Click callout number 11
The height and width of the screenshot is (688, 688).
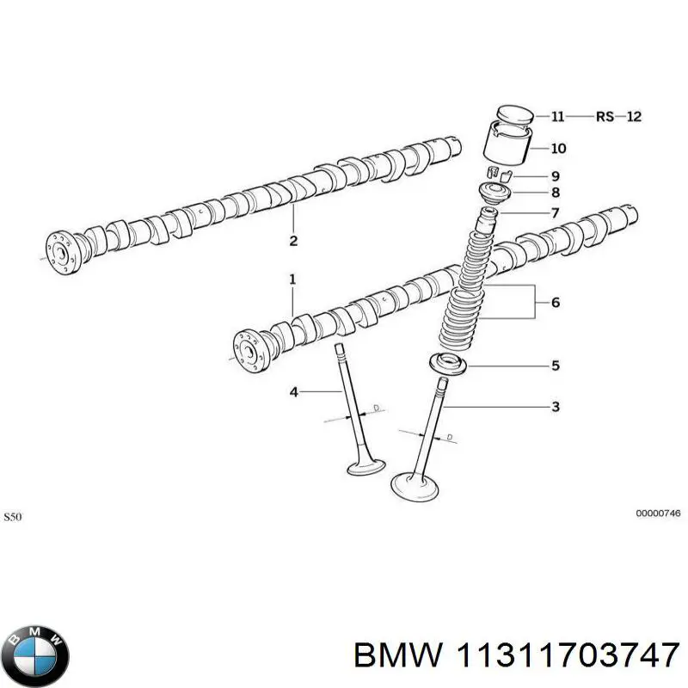click(x=557, y=117)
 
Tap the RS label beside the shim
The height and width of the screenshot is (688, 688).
click(x=605, y=117)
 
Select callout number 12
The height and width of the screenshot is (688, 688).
click(x=634, y=117)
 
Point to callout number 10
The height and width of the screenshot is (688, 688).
click(x=558, y=148)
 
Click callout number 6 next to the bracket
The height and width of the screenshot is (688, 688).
click(x=556, y=303)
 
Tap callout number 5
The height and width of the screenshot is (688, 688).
click(x=556, y=365)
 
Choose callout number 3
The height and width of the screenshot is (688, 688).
click(x=556, y=407)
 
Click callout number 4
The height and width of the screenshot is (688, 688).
click(x=293, y=392)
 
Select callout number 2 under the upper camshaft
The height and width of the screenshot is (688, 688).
click(x=293, y=241)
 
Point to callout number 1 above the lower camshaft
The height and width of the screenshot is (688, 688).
click(x=292, y=279)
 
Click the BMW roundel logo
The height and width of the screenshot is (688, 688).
click(x=34, y=656)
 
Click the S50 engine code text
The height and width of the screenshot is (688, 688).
click(x=12, y=517)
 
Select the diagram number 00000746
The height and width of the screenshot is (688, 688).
click(x=658, y=513)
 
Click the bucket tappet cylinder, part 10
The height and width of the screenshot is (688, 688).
click(x=507, y=144)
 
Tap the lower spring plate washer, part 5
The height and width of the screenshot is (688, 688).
click(x=447, y=364)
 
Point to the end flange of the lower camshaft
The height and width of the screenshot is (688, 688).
click(x=249, y=352)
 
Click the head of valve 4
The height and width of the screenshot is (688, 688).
click(x=366, y=467)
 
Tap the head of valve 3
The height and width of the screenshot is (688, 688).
click(x=415, y=487)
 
